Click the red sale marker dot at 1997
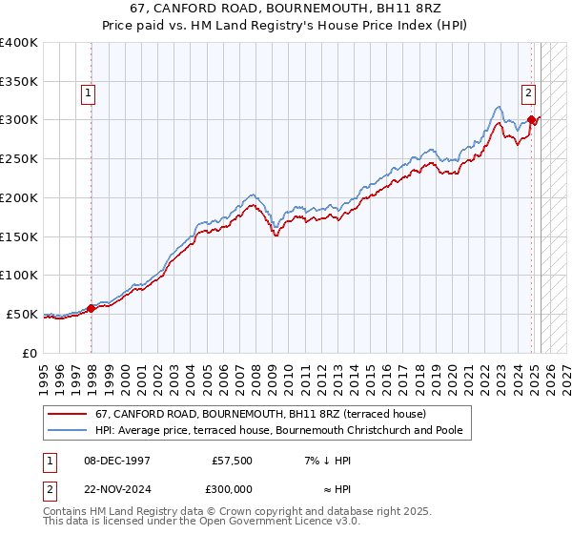click(x=92, y=308)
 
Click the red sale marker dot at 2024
click(x=532, y=119)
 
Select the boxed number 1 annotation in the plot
click(x=88, y=93)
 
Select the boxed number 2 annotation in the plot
click(x=527, y=93)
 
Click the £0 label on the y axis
click(x=31, y=353)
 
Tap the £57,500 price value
click(x=232, y=460)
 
